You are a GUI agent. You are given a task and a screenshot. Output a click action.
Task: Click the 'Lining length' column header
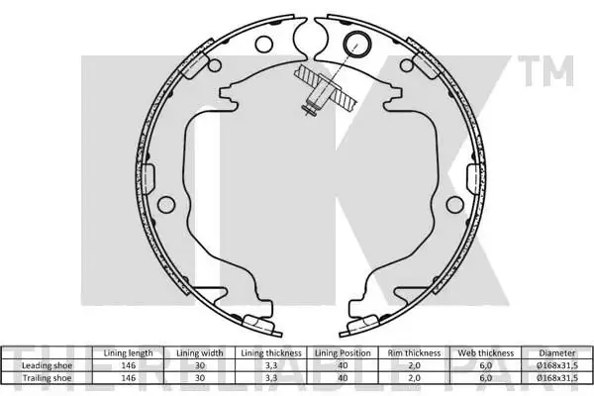(x=128, y=353)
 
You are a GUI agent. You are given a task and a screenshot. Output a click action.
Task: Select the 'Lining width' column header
(x=200, y=353)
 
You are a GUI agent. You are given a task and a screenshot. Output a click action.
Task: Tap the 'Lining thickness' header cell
(x=271, y=353)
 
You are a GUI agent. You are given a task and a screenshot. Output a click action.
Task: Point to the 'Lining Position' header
(x=343, y=353)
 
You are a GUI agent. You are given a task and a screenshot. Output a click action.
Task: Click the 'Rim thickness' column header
(x=414, y=353)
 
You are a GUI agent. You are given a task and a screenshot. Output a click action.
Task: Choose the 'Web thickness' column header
(x=486, y=353)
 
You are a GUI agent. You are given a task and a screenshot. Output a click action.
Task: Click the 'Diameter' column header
(x=557, y=353)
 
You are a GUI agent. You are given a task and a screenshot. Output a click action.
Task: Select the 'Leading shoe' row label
(x=47, y=365)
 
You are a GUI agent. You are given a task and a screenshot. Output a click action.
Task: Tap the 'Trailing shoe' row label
(x=47, y=378)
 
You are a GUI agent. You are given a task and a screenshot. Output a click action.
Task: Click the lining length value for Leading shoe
(x=128, y=365)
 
